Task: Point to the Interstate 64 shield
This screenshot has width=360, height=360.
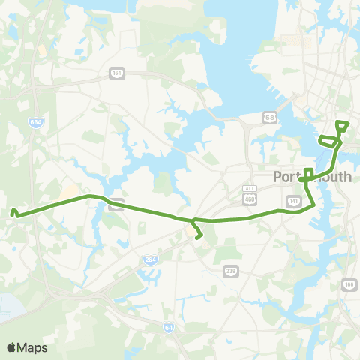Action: (169, 326)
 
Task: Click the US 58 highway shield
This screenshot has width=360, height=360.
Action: (268, 118)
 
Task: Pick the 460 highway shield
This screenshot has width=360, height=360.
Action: (249, 199)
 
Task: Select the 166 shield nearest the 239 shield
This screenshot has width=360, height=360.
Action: (347, 284)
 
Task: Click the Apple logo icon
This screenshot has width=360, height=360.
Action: (11, 347)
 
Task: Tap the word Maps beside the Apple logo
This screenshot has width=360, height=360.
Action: (32, 347)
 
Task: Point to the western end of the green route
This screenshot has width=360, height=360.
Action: (13, 213)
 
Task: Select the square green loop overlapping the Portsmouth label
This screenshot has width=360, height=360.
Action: (308, 173)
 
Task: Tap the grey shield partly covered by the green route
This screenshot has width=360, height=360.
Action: (115, 202)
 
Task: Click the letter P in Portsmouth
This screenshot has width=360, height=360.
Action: (278, 178)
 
